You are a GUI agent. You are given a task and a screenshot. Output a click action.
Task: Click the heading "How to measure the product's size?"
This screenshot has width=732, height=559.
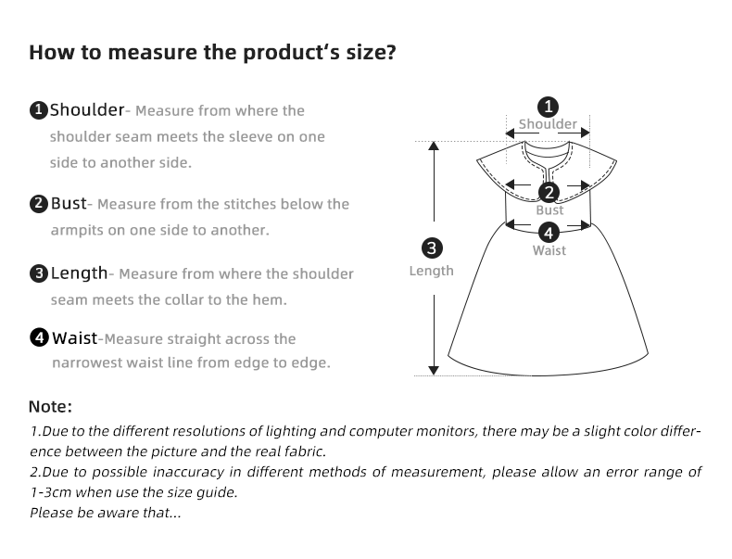click(212, 52)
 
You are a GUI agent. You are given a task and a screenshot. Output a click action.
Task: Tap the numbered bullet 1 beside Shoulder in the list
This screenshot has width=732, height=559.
click(39, 111)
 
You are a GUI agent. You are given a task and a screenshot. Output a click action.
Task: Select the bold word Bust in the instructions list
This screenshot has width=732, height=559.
click(69, 203)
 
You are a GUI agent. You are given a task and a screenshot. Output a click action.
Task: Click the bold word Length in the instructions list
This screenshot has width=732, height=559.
click(79, 273)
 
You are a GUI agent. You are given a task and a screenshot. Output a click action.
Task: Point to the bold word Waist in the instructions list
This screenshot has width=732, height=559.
click(74, 338)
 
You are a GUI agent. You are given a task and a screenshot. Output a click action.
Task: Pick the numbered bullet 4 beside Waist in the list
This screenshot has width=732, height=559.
click(39, 338)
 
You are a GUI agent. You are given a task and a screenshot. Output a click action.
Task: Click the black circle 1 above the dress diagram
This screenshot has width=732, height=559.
click(549, 106)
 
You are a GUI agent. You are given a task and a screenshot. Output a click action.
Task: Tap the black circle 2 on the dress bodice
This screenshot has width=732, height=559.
click(549, 193)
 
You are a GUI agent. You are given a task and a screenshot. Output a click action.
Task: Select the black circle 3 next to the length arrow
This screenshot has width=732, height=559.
click(432, 248)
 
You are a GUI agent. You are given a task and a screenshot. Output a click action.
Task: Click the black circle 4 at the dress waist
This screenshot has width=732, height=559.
click(549, 233)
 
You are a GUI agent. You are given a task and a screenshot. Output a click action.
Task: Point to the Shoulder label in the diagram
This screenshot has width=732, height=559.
click(548, 124)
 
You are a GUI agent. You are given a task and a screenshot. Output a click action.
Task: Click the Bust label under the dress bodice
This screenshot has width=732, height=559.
click(549, 210)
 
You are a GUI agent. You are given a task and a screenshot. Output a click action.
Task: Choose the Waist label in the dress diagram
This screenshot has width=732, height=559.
click(549, 250)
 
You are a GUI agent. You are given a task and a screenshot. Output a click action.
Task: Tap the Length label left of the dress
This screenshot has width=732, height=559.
click(432, 271)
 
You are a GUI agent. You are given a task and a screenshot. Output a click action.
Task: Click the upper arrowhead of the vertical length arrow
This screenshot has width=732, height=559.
click(432, 147)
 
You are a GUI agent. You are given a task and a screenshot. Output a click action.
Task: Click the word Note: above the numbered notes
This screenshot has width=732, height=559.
click(50, 406)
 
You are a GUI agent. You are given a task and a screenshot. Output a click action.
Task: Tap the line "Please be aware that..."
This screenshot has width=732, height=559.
click(106, 513)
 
